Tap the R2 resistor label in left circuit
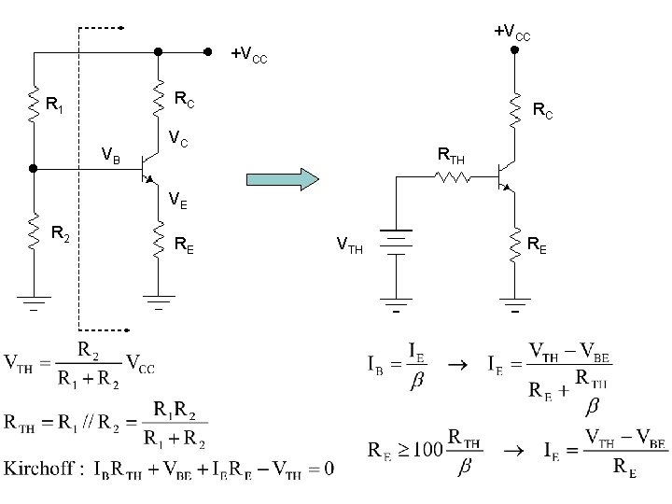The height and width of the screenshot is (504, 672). pos(62,235)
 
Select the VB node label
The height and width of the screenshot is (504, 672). pos(110,155)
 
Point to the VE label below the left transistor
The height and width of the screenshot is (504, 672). pos(178,199)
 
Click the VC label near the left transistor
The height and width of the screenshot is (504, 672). pos(179,139)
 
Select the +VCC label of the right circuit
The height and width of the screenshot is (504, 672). pos(512,34)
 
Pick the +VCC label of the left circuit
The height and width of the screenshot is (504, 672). pos(249,55)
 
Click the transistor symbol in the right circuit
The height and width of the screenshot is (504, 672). pos(505,175)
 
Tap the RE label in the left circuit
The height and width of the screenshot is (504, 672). pos(185,245)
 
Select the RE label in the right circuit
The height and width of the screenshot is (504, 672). pos(538,245)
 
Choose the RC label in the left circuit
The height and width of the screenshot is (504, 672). pos(186,97)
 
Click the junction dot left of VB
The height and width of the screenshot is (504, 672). pos(34,169)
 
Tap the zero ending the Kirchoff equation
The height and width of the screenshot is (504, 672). pos(329,467)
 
